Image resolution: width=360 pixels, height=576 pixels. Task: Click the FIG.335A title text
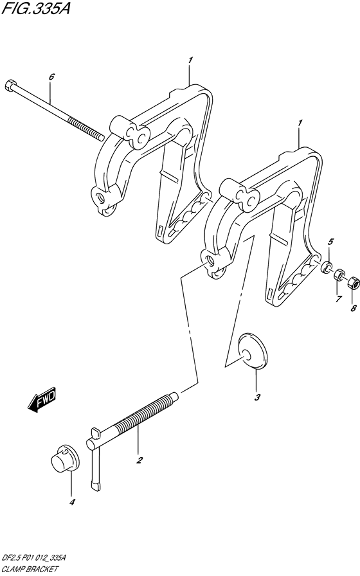click(x=35, y=8)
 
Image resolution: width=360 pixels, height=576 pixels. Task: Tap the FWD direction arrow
click(x=42, y=399)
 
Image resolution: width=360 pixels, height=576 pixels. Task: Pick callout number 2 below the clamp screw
click(x=139, y=460)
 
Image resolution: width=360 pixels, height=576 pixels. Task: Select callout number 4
click(x=72, y=502)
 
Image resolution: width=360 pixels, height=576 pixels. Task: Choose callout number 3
click(x=257, y=397)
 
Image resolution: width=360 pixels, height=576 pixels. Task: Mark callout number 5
click(x=330, y=241)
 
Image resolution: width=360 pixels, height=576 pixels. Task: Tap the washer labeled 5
click(x=326, y=267)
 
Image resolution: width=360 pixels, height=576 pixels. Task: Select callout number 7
click(x=338, y=298)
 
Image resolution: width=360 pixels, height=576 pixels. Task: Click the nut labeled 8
click(x=353, y=282)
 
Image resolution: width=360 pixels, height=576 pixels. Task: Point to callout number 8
click(x=354, y=309)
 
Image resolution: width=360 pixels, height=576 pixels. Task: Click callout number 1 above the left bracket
click(x=190, y=60)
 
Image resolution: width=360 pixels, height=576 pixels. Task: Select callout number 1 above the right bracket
click(x=300, y=123)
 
